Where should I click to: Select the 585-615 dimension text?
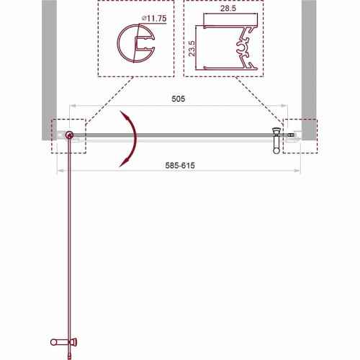pos(179,165)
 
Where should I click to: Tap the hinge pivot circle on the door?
pos(69,135)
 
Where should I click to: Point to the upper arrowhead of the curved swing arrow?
pos(124,114)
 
